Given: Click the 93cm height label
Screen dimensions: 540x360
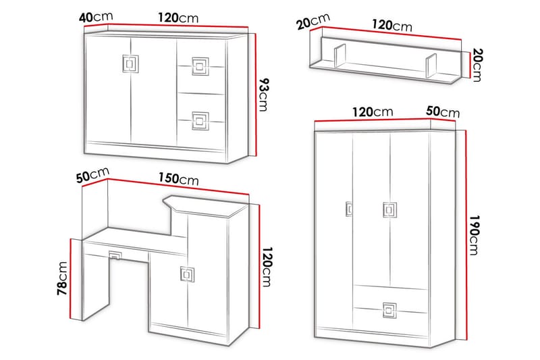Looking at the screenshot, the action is pyautogui.click(x=263, y=95).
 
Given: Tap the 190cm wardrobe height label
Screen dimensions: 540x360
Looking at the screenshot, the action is pyautogui.click(x=475, y=235).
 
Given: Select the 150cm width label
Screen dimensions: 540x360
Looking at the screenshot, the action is pyautogui.click(x=178, y=179).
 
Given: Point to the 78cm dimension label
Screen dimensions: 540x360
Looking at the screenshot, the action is pyautogui.click(x=62, y=278).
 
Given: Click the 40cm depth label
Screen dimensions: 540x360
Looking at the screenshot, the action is pyautogui.click(x=96, y=17).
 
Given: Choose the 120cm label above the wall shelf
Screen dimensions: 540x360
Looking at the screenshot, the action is pyautogui.click(x=392, y=26).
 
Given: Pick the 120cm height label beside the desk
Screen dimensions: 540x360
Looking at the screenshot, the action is pyautogui.click(x=267, y=267).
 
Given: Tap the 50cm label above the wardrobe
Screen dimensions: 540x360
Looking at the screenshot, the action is pyautogui.click(x=443, y=111).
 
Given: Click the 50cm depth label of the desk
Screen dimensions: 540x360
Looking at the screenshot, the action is pyautogui.click(x=92, y=175).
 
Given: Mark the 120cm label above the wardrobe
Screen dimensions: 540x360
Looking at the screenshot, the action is pyautogui.click(x=373, y=112).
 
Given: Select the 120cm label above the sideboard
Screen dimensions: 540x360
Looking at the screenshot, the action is pyautogui.click(x=178, y=18).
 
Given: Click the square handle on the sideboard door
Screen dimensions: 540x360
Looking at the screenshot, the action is pyautogui.click(x=130, y=63).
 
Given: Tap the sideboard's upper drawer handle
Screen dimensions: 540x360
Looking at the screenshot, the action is pyautogui.click(x=200, y=66).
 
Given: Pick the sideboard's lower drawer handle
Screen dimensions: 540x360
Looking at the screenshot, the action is pyautogui.click(x=200, y=121).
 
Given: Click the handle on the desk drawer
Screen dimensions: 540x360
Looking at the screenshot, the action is pyautogui.click(x=115, y=255).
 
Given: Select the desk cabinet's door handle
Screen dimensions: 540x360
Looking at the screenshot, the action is pyautogui.click(x=188, y=274).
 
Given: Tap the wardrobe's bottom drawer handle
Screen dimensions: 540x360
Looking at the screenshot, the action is pyautogui.click(x=389, y=310).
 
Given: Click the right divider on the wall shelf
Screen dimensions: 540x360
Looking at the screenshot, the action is pyautogui.click(x=431, y=66).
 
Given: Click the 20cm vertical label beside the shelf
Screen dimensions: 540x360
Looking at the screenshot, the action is pyautogui.click(x=478, y=65).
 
